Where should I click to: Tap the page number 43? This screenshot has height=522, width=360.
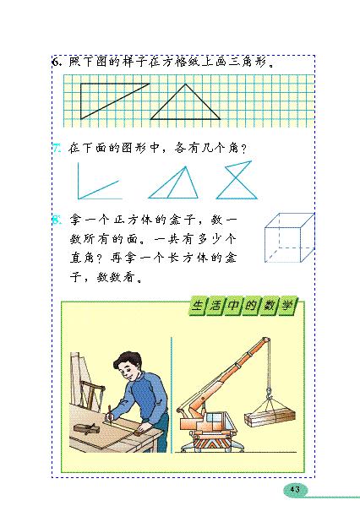[295, 489]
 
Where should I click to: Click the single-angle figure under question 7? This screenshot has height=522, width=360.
[95, 182]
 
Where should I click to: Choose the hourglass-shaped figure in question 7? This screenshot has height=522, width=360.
[231, 181]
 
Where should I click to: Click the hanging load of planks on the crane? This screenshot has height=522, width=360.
[269, 419]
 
